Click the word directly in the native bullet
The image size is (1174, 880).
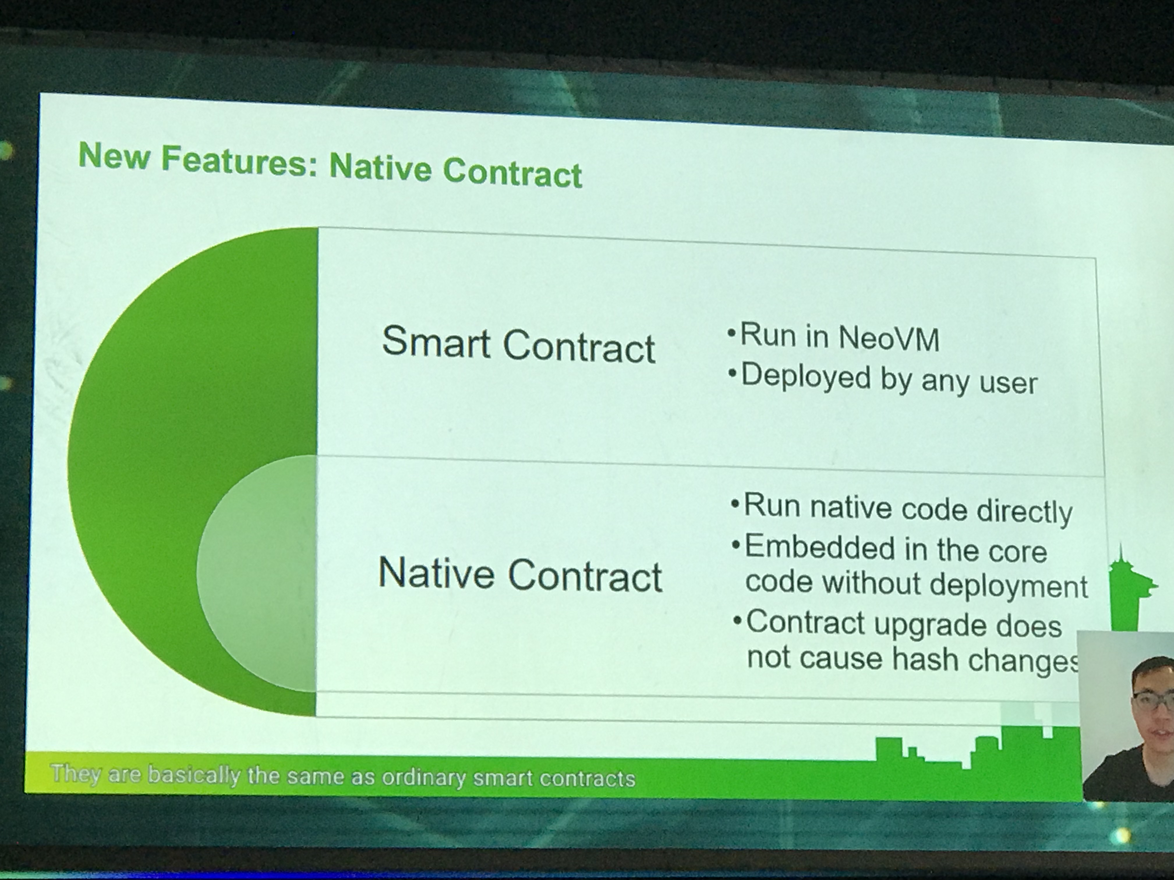coord(1024,511)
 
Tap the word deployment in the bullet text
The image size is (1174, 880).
coord(1008,586)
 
